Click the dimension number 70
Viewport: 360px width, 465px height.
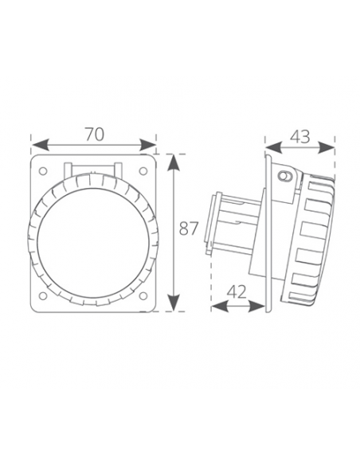(x=94, y=135)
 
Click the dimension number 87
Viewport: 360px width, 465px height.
(x=188, y=229)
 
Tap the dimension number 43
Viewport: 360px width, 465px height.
(x=300, y=136)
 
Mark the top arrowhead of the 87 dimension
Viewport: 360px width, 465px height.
(x=173, y=158)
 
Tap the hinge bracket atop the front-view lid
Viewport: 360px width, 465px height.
(x=94, y=170)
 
